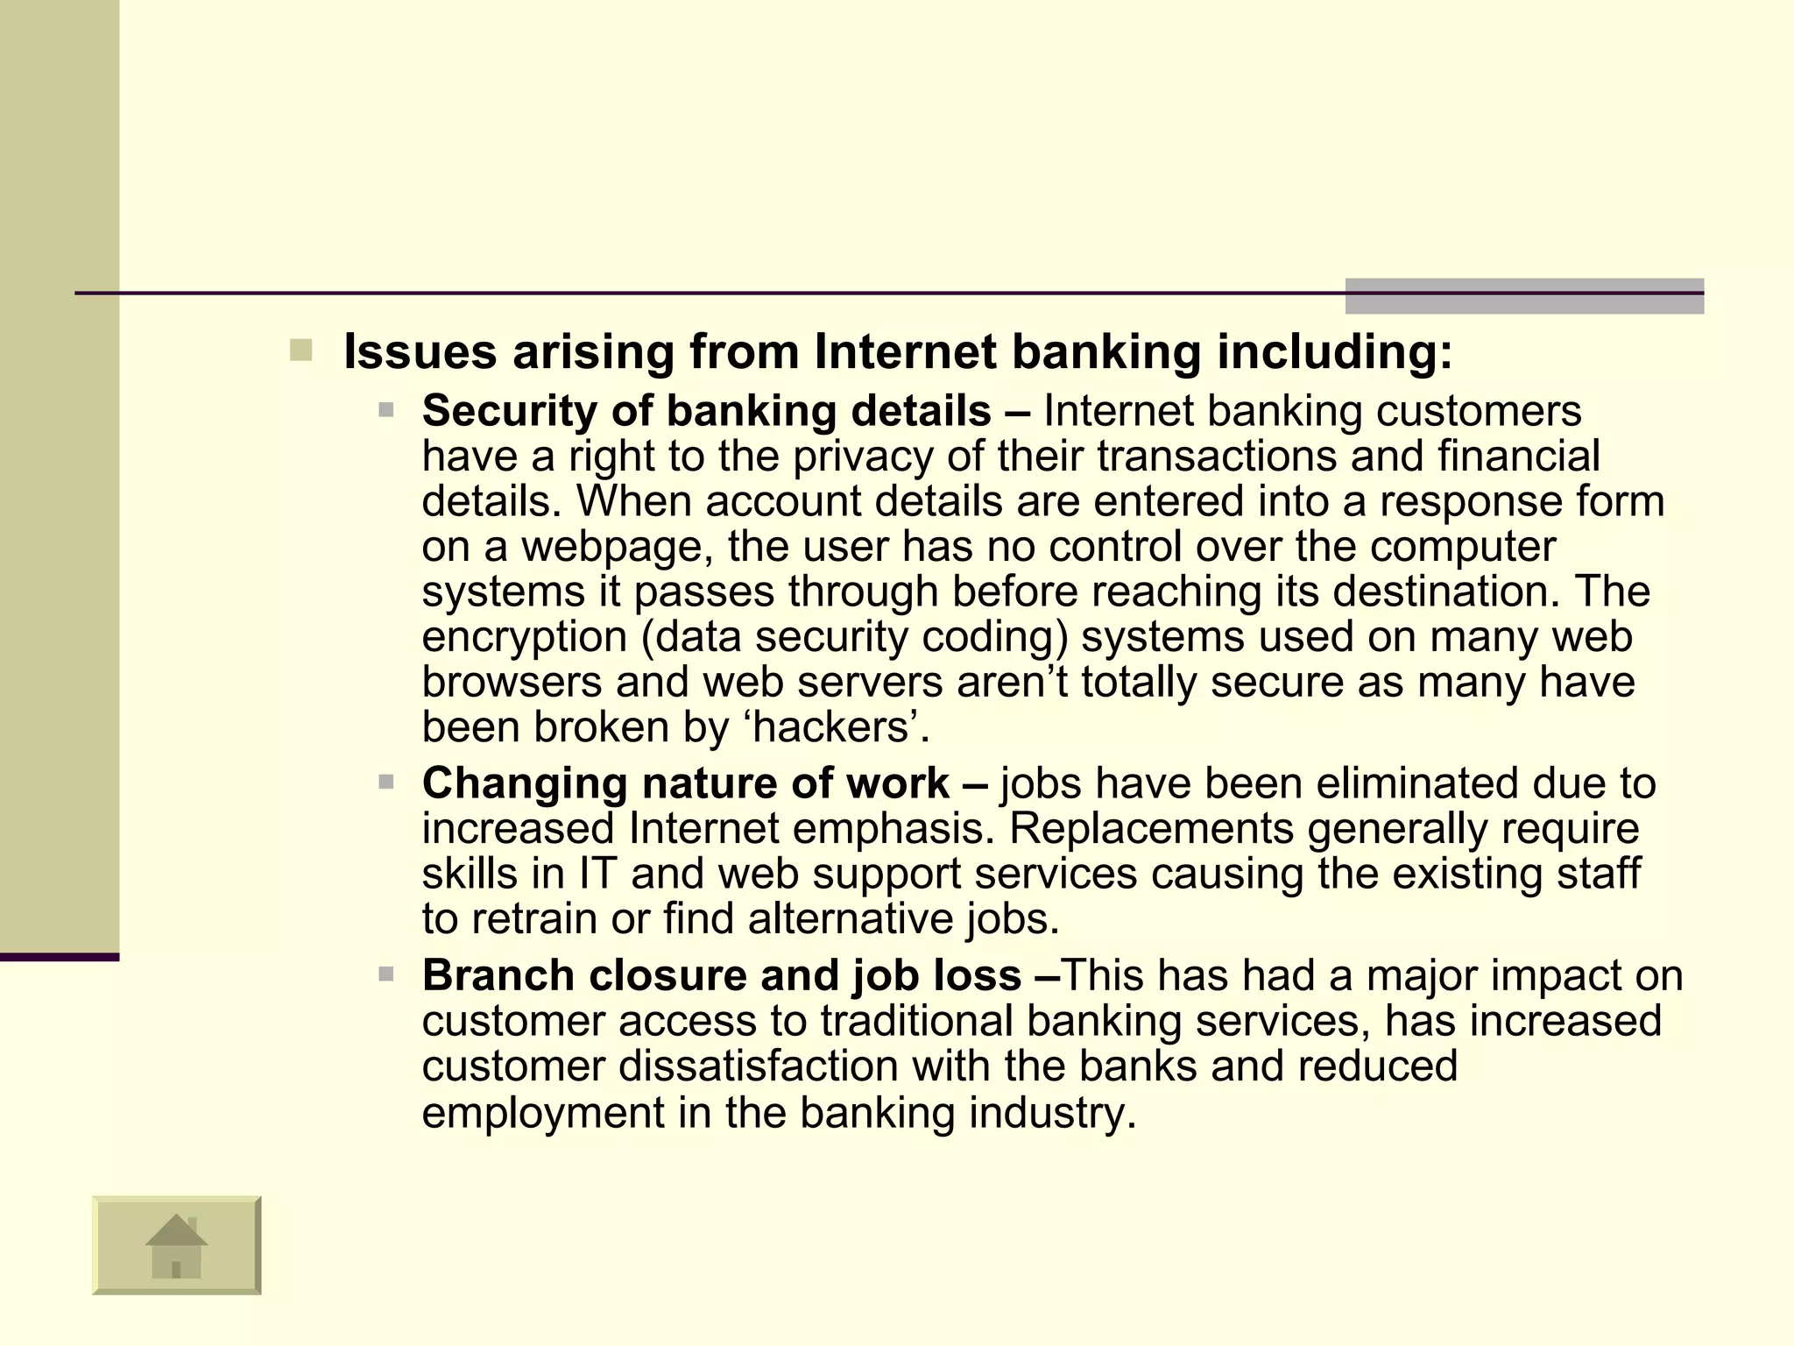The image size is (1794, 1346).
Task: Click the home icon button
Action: (176, 1244)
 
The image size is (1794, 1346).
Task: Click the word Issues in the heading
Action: (420, 352)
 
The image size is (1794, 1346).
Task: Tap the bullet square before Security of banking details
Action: (386, 409)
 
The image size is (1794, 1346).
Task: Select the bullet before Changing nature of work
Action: (386, 782)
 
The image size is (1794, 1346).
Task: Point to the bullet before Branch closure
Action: (386, 974)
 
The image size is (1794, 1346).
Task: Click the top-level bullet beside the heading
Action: (300, 351)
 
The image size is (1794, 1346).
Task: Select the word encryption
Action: (524, 637)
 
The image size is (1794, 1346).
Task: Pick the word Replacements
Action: (1151, 829)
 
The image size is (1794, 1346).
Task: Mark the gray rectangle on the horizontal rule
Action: (1523, 296)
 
